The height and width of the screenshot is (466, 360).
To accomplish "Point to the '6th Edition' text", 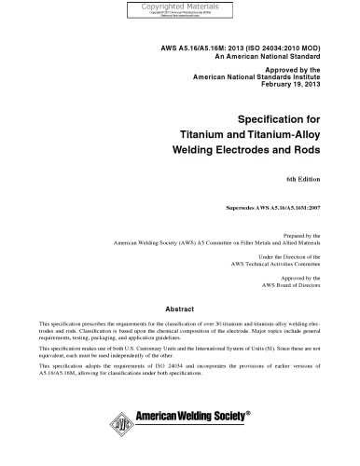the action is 304,177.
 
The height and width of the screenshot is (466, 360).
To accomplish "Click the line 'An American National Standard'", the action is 270,54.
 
